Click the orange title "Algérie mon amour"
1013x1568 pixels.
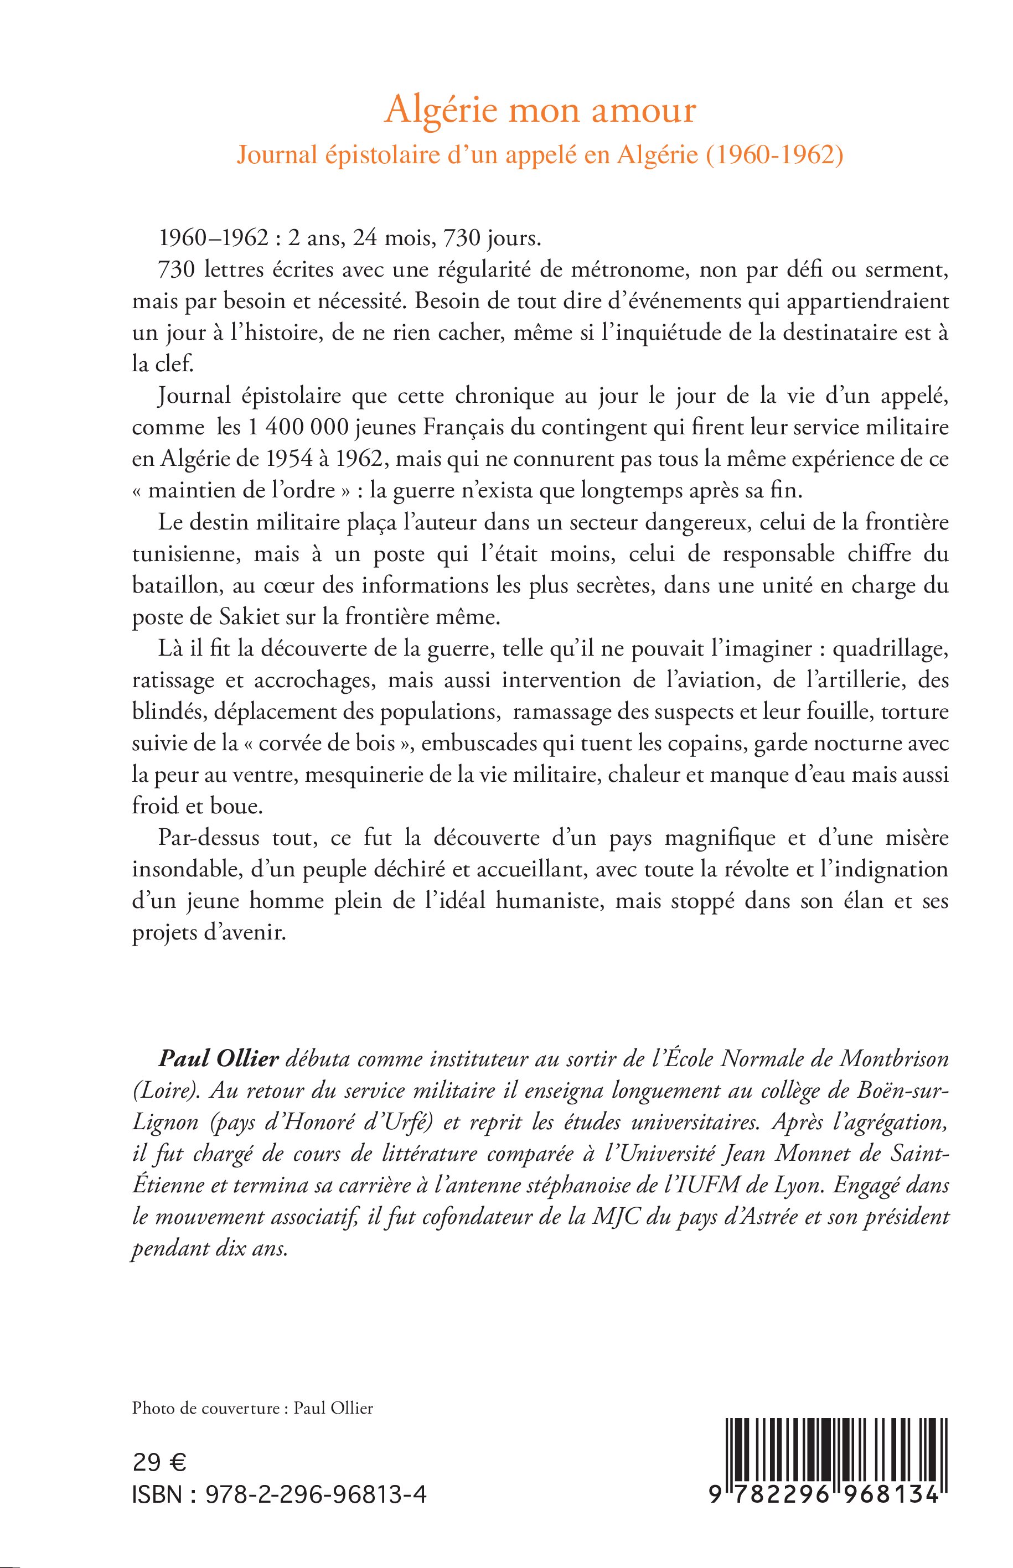pos(540,110)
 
